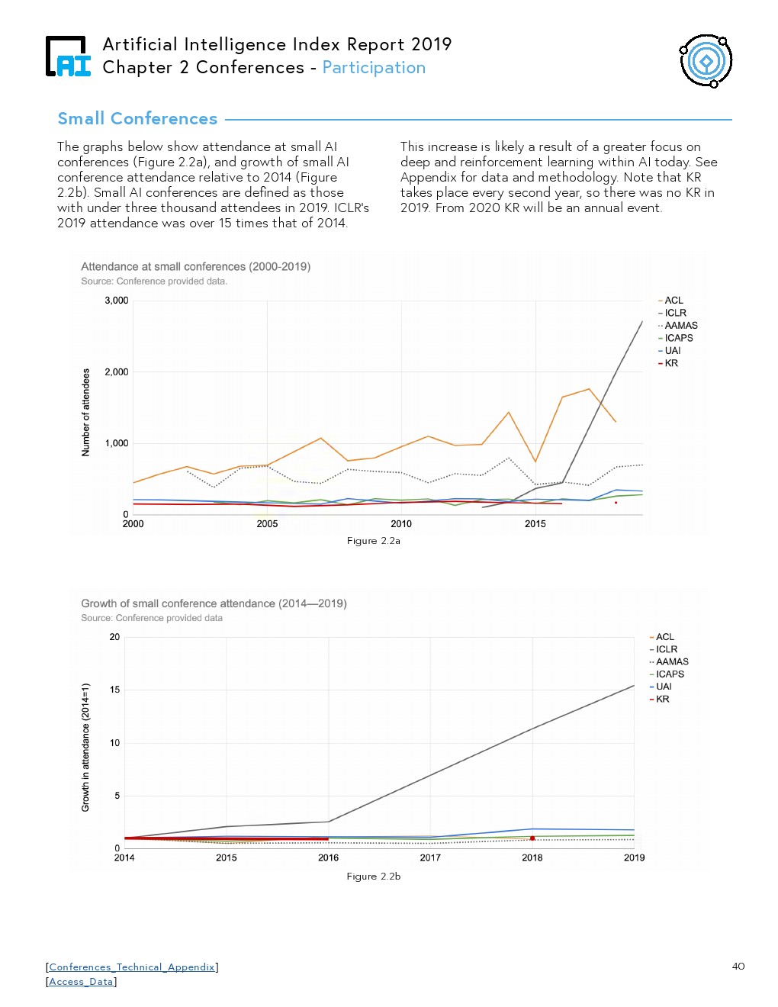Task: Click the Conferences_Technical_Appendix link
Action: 132,967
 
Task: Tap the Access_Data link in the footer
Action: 81,982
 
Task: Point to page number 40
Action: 738,967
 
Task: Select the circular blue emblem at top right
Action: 706,61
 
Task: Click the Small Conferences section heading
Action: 137,119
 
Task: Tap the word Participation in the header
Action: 374,68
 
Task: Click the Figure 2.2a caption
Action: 373,541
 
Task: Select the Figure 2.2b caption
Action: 373,877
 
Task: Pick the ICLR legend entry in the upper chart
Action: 674,313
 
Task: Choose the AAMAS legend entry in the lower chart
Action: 671,661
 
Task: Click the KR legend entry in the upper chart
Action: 670,363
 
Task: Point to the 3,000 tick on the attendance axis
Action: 117,301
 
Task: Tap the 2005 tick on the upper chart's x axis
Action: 267,524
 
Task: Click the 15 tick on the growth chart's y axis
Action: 114,690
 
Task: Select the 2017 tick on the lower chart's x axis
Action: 430,857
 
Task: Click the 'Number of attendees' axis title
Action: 85,412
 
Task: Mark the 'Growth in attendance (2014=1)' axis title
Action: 85,747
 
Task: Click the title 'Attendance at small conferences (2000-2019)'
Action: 195,267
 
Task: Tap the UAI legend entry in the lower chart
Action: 664,687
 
